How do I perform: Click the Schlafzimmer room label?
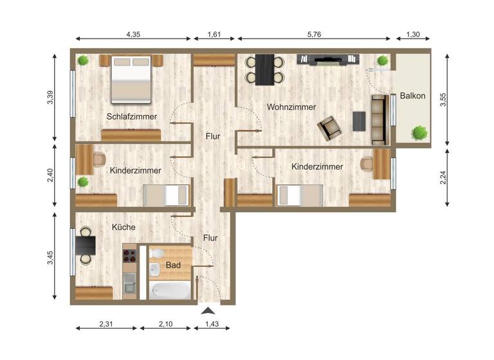tap(132, 116)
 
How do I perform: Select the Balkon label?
tap(412, 96)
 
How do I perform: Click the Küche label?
tap(123, 227)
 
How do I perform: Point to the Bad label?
tap(173, 265)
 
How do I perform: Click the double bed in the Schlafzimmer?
tap(131, 79)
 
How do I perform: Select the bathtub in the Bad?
tap(170, 290)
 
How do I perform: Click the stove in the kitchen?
tap(130, 257)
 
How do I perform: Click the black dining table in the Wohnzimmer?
tap(264, 69)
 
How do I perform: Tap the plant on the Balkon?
tap(419, 132)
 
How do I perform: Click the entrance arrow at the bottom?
tap(208, 311)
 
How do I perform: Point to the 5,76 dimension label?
tap(313, 35)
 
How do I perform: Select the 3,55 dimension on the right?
tap(441, 100)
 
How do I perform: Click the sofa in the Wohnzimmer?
tap(379, 119)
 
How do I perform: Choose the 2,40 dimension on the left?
tap(50, 175)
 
